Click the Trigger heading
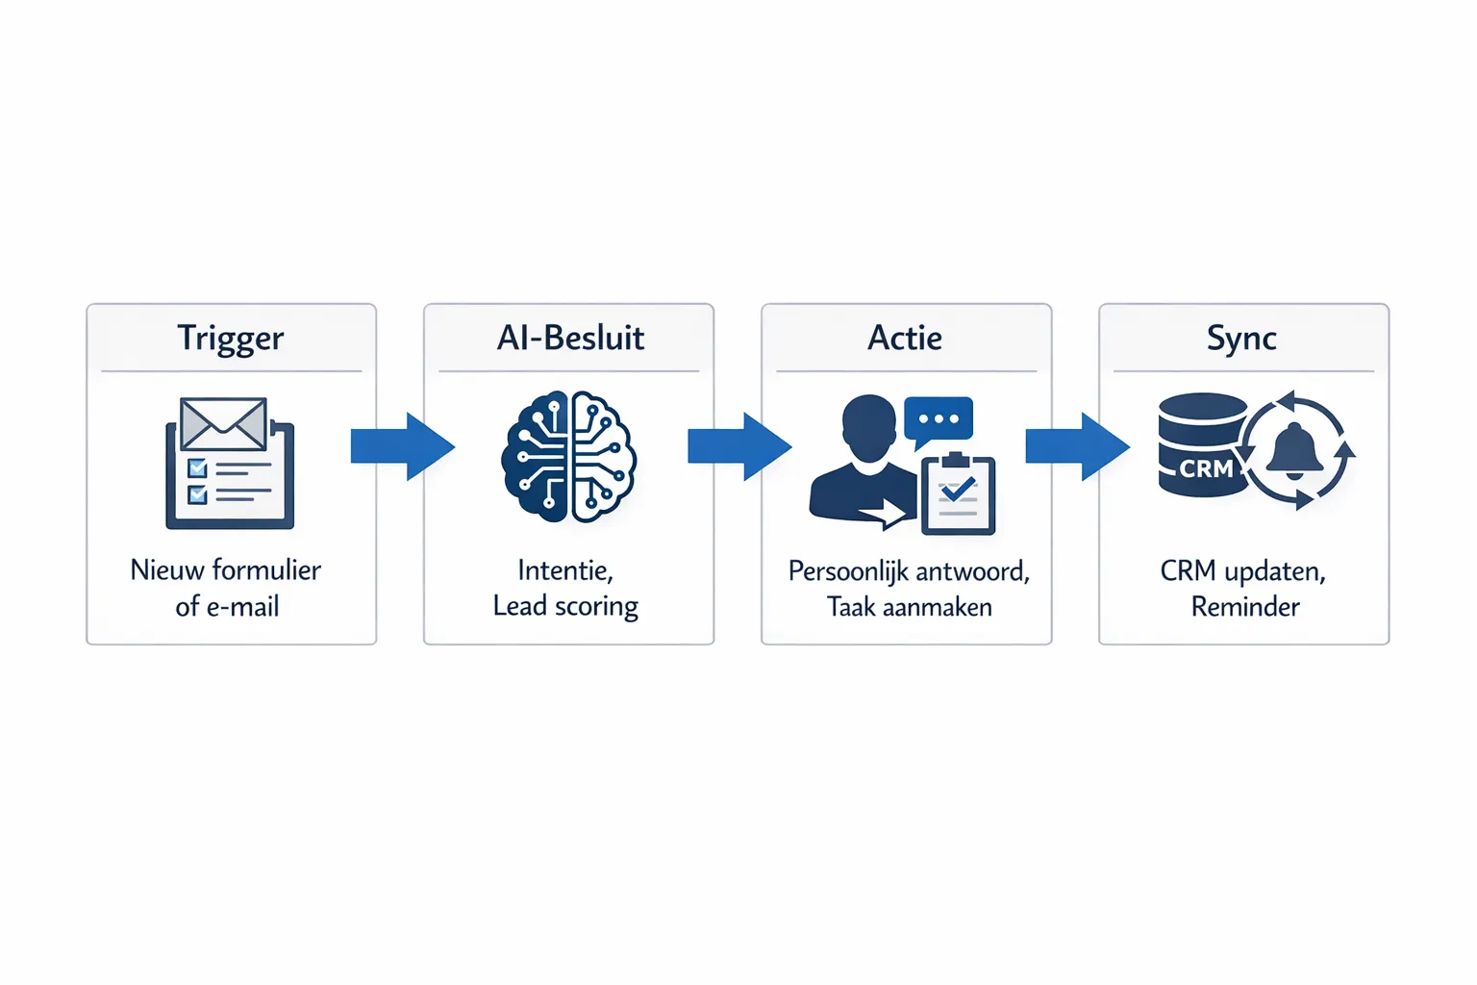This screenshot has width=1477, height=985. point(231,339)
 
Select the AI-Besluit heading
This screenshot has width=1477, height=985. point(570,338)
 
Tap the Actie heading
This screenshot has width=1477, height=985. point(905,338)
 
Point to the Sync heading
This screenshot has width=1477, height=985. point(1241,339)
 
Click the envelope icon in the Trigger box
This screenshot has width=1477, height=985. point(223,423)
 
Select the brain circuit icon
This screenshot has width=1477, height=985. point(569,456)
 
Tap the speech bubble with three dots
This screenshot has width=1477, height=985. point(939,419)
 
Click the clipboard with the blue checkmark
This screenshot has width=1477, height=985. point(958,494)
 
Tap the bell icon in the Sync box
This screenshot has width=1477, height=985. point(1294,449)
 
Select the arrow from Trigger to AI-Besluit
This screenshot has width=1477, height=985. point(402,446)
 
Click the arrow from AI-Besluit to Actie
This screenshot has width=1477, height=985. point(739,446)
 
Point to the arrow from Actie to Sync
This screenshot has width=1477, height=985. point(1077,446)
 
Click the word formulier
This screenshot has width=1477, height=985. point(266,569)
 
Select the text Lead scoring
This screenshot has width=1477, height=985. point(565,607)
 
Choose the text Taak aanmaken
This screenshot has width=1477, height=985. point(909,607)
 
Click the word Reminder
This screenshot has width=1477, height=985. point(1245,607)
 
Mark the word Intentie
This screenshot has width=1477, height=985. point(564,570)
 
